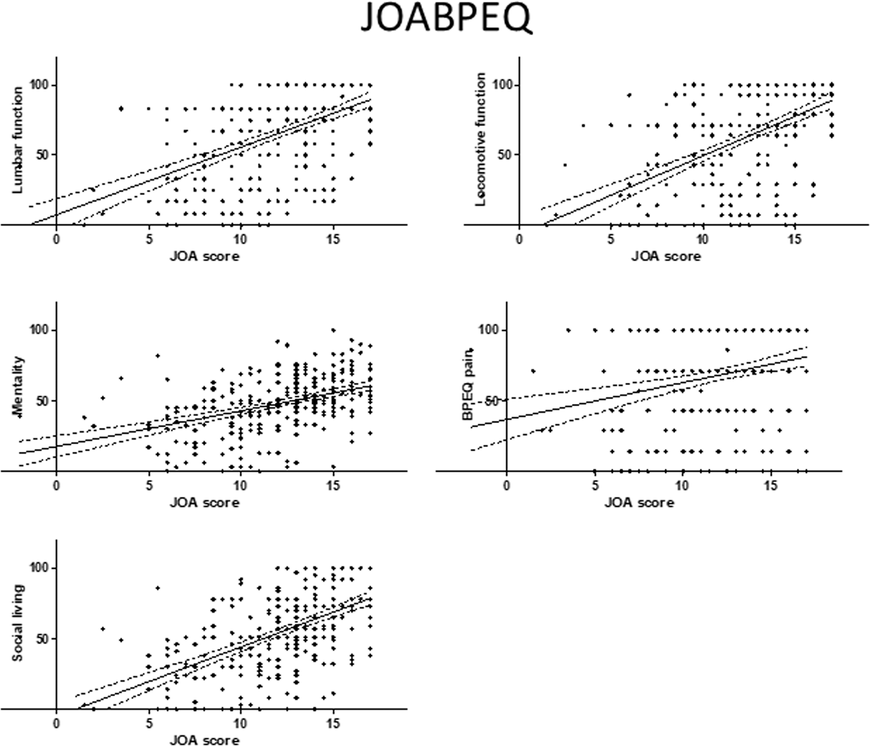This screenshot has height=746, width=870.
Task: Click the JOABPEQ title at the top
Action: [445, 20]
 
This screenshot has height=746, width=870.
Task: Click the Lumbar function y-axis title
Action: [18, 139]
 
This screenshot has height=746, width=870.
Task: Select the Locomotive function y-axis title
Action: [481, 139]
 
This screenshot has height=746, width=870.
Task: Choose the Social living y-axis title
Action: [18, 624]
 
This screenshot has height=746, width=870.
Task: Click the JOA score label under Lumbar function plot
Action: [204, 257]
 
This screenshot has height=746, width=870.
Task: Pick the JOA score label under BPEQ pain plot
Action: [639, 502]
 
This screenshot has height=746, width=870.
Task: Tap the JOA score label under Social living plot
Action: [204, 740]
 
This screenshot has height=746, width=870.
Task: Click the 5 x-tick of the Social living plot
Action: [148, 723]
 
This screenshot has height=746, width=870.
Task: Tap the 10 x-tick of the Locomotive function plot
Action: [703, 240]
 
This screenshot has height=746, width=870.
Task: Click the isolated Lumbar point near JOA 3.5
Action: [121, 109]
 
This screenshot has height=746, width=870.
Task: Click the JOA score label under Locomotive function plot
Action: [666, 257]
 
